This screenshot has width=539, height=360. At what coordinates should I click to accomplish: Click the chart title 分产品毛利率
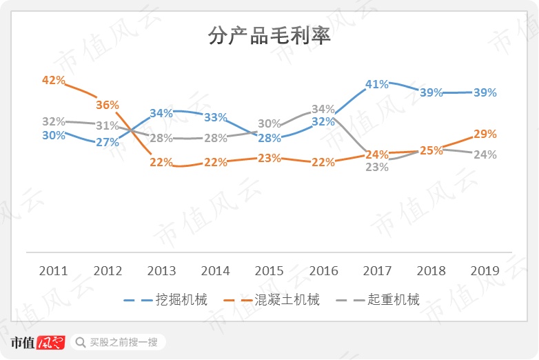tap(269, 36)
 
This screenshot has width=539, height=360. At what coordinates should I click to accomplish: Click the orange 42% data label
tap(53, 80)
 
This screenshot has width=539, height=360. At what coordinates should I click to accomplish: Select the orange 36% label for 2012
tap(108, 105)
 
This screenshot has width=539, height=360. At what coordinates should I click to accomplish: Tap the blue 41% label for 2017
tap(377, 84)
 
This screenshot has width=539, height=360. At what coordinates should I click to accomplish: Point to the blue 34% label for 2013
tap(161, 113)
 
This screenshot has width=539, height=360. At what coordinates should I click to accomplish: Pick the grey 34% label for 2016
tap(323, 109)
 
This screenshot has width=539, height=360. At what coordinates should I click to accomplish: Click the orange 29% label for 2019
tap(485, 133)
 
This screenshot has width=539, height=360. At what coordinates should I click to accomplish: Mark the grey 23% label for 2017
tap(377, 167)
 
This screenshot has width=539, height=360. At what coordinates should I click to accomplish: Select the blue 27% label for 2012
tap(108, 142)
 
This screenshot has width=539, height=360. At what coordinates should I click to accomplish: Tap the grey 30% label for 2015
tap(269, 124)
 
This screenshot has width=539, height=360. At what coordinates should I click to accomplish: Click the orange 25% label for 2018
tap(431, 150)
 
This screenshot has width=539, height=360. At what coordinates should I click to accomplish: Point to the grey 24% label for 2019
tap(485, 154)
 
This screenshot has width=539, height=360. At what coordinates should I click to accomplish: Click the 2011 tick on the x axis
tap(53, 270)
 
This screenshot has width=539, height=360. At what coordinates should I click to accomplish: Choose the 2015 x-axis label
tap(269, 270)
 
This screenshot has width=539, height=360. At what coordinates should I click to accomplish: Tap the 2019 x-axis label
tap(485, 270)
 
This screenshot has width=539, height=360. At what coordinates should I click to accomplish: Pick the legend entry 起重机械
tap(394, 300)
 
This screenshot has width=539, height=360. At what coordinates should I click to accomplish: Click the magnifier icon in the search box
tap(81, 342)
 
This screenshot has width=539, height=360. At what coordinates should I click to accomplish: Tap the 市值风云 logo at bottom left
tap(38, 342)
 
